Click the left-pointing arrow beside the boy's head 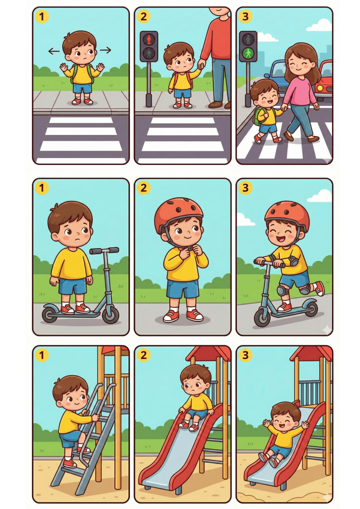(54, 51)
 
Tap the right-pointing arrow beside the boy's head (106, 50)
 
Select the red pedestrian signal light (149, 39)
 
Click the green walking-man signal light (248, 53)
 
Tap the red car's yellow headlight (319, 88)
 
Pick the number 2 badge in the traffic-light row (144, 17)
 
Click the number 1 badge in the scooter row (42, 187)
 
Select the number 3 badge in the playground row (245, 355)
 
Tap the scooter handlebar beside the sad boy (104, 251)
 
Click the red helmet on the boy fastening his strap (179, 211)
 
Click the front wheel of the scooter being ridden (262, 317)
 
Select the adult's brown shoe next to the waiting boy (215, 104)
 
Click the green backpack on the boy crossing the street (258, 116)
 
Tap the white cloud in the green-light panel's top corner (319, 25)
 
